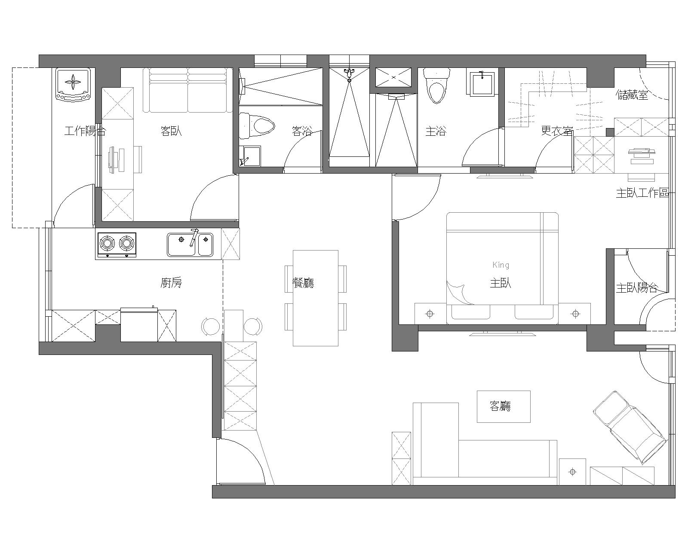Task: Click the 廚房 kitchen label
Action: pos(171,283)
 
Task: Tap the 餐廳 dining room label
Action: pos(303,283)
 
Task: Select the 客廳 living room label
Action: pos(501,406)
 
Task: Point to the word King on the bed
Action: pos(501,265)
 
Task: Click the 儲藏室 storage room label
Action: pos(633,95)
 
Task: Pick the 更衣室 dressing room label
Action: pos(557,131)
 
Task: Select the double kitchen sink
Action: pos(190,244)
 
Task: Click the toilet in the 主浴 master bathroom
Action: pos(437,86)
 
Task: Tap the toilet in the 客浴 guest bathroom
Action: pos(257,125)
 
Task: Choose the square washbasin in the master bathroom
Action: pos(482,83)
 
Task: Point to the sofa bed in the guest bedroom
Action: pos(187,90)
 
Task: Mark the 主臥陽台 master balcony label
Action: pos(636,288)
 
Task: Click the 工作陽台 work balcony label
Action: pos(85,131)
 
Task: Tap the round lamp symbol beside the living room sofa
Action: pos(573,472)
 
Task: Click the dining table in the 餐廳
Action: pos(316,298)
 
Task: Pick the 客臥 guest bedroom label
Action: pos(171,131)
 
